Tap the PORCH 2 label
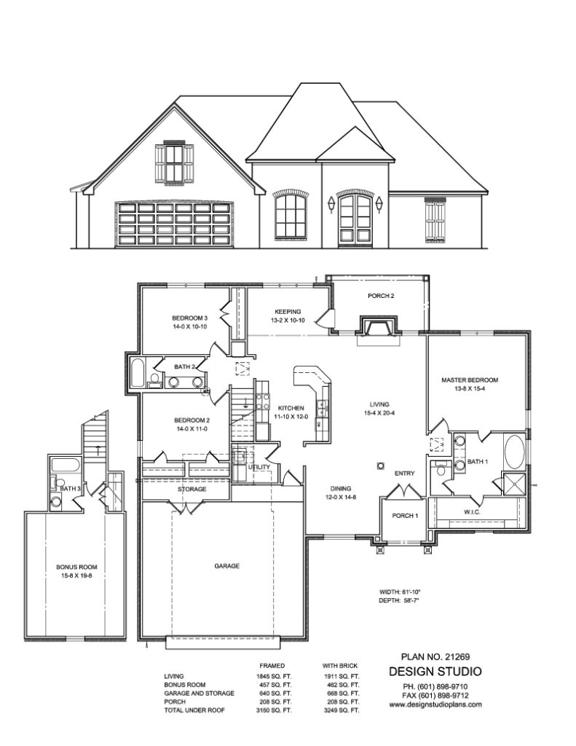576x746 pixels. tap(379, 296)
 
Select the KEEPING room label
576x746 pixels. tap(288, 311)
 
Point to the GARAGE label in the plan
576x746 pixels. tap(226, 565)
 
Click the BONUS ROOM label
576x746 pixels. tap(76, 566)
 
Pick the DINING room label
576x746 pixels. tap(340, 488)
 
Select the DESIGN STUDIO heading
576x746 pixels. tap(435, 670)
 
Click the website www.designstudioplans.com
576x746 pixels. tap(441, 704)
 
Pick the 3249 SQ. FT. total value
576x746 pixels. tap(341, 709)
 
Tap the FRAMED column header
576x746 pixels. tap(272, 665)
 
